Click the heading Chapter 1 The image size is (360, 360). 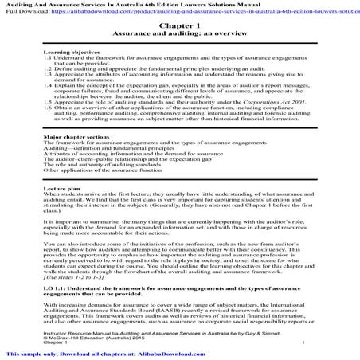179,27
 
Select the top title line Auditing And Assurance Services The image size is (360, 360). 119,5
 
